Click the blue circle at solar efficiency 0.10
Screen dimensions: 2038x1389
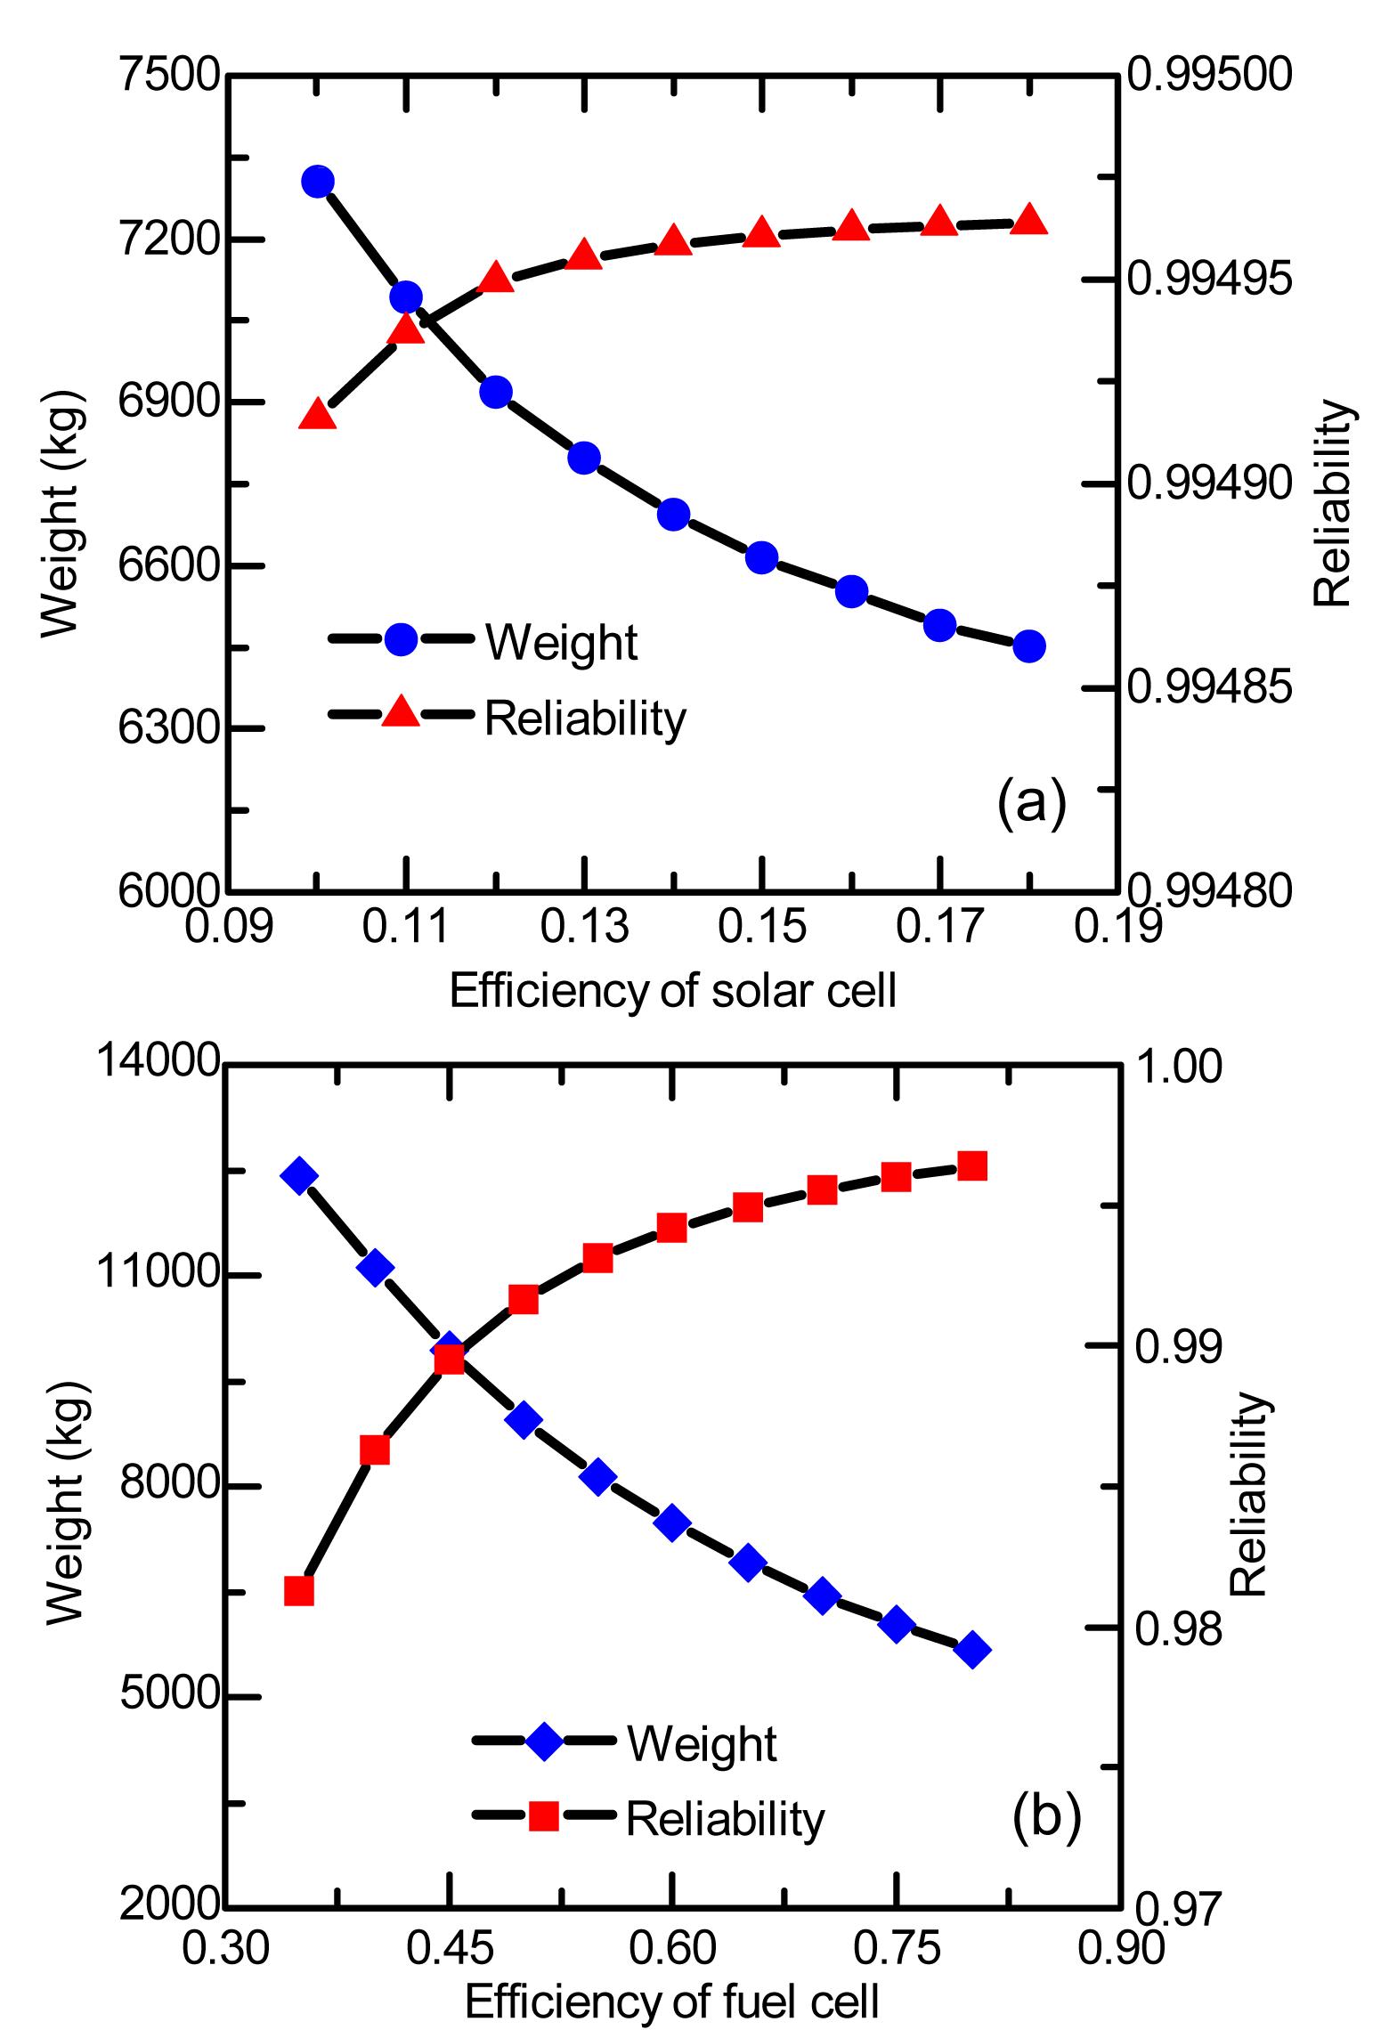point(318,182)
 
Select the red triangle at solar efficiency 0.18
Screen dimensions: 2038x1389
point(1029,219)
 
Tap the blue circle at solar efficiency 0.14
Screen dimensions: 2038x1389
point(674,514)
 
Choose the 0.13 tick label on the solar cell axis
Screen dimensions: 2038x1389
point(585,928)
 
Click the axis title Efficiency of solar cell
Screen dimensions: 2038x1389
point(672,991)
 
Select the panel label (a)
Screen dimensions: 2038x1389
point(1031,803)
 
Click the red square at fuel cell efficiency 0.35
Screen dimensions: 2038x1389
point(299,1590)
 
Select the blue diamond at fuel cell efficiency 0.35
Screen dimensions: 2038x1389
point(298,1175)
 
